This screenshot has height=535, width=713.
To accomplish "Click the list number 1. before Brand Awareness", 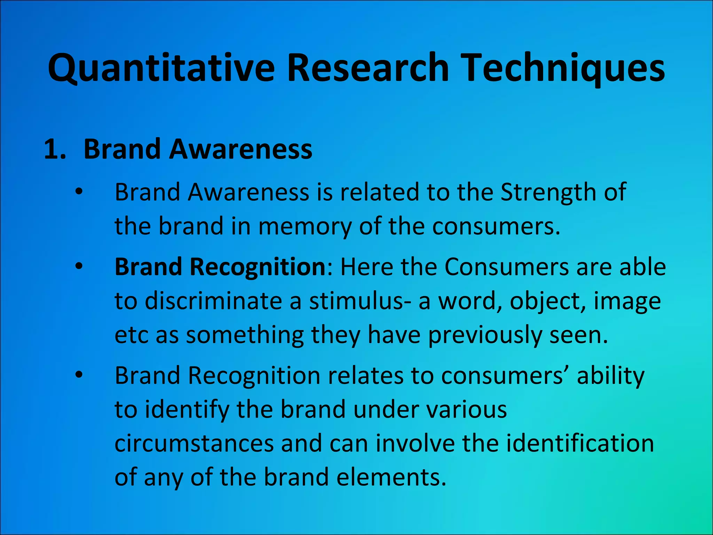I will pyautogui.click(x=55, y=149).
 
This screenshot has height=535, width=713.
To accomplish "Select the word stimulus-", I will pyautogui.click(x=361, y=301).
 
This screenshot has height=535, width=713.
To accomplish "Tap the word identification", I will pyautogui.click(x=580, y=443).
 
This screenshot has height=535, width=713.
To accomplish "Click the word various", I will pyautogui.click(x=467, y=410).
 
